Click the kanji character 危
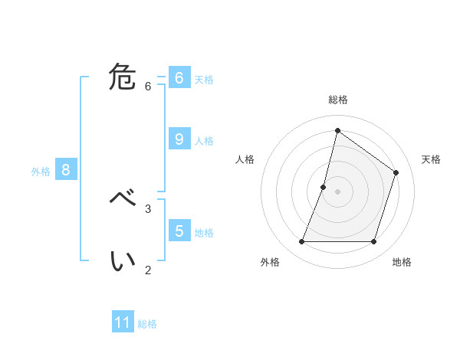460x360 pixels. (x=123, y=77)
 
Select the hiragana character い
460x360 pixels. (x=123, y=261)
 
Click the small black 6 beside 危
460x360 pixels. (x=148, y=86)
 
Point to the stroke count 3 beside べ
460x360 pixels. (x=148, y=208)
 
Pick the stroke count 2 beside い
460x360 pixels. (x=148, y=269)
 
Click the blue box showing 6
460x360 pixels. (x=179, y=78)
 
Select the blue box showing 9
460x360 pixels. (x=179, y=139)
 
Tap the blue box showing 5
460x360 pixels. (x=179, y=231)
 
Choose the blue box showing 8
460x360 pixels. (x=65, y=170)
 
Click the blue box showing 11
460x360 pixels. (x=123, y=322)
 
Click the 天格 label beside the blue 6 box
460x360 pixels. (x=204, y=80)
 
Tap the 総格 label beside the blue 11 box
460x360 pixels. (x=147, y=324)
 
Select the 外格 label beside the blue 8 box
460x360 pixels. (x=41, y=172)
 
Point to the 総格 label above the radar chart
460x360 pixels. (x=337, y=100)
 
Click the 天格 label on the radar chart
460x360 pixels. (x=431, y=159)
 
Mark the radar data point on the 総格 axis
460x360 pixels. (x=337, y=129)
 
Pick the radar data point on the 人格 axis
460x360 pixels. (x=324, y=187)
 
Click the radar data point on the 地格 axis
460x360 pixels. (x=373, y=241)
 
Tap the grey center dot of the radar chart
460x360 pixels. (x=337, y=191)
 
